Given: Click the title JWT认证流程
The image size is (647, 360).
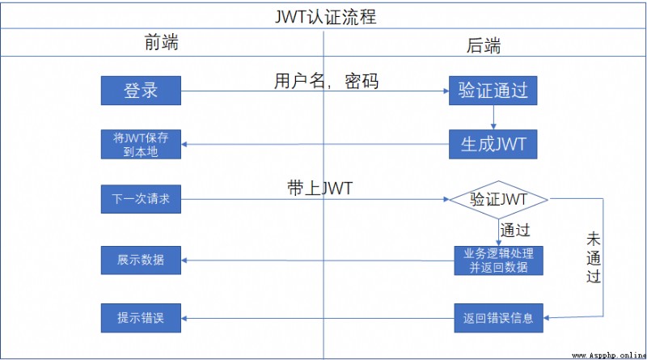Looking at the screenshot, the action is click(326, 17).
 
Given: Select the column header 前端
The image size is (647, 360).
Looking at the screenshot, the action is click(161, 43).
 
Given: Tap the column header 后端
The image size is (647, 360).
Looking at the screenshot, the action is click(484, 45).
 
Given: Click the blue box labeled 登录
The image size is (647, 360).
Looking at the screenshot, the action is click(141, 91).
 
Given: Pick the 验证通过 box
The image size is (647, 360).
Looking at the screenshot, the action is click(493, 91).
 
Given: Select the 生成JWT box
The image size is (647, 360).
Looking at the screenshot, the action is click(493, 144).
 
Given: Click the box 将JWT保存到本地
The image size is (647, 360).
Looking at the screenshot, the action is click(141, 144).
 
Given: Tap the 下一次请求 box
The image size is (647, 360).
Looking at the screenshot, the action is click(141, 199).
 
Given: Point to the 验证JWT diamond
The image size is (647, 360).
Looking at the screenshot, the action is click(498, 200).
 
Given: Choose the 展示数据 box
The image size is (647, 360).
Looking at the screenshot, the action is click(141, 260).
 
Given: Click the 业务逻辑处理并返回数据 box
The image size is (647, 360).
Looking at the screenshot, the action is click(498, 260).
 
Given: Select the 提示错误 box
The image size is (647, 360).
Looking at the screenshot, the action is click(141, 318).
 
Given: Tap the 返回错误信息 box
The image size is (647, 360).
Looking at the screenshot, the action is click(498, 318).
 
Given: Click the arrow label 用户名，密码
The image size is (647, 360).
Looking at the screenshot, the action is click(327, 81).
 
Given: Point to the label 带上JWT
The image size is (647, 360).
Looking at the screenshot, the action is click(319, 188).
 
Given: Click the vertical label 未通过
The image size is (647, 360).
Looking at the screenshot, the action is click(594, 257).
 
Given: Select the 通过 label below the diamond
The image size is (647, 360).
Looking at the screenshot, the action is click(515, 230).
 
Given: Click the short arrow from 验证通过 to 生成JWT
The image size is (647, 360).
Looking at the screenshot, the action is click(493, 117).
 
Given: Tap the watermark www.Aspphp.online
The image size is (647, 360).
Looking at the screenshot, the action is click(609, 355).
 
